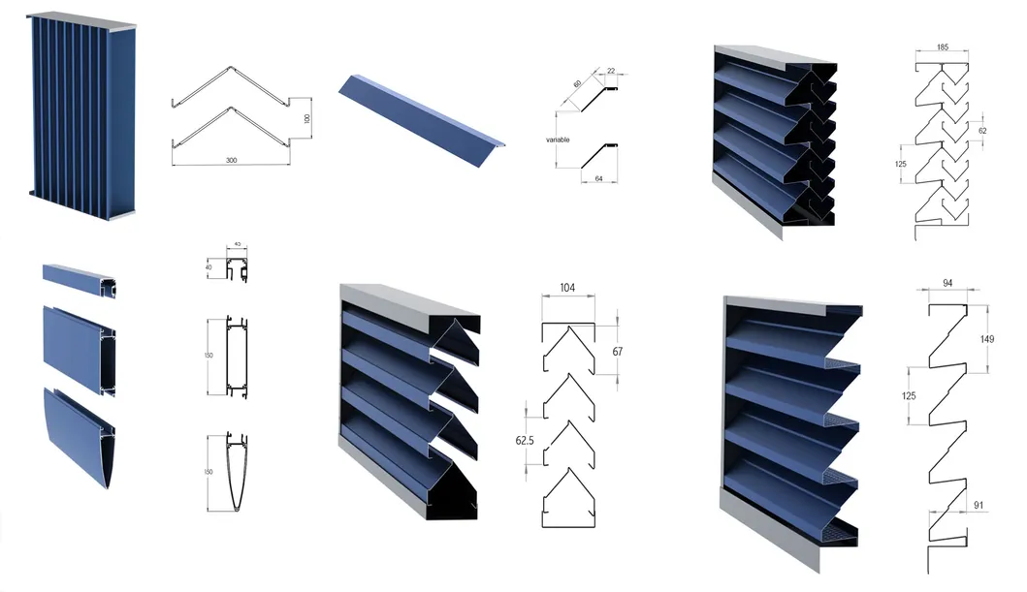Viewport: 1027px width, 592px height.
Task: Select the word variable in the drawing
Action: (x=558, y=140)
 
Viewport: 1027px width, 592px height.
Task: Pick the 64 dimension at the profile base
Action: (x=600, y=177)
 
